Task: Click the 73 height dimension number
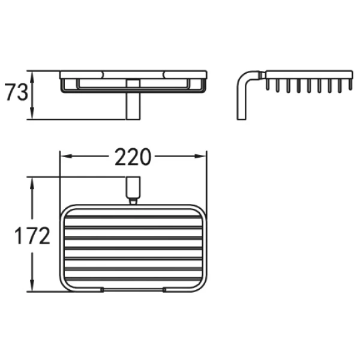click(x=16, y=92)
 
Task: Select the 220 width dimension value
click(x=133, y=157)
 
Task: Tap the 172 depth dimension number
click(x=32, y=236)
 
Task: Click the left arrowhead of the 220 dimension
click(x=67, y=157)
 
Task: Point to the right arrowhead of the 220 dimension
click(x=200, y=157)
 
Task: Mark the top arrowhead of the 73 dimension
click(x=32, y=77)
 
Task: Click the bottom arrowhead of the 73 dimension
click(x=32, y=113)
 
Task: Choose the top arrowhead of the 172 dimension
click(x=32, y=183)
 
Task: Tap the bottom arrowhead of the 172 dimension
click(x=32, y=286)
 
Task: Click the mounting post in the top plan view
click(x=133, y=188)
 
